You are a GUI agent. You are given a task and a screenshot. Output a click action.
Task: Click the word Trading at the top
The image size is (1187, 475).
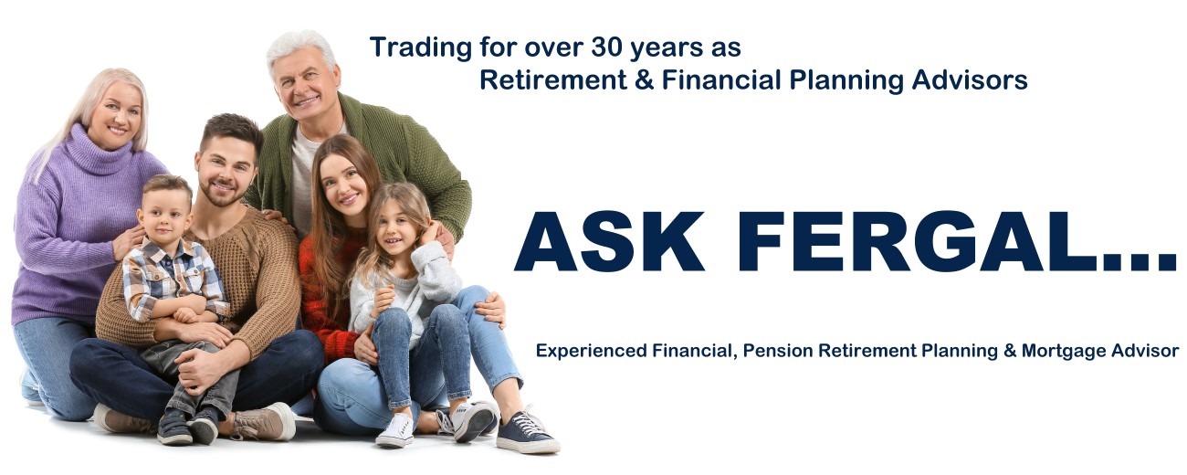click(x=421, y=48)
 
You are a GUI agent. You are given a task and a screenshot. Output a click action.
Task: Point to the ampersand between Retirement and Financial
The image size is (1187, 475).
click(x=645, y=80)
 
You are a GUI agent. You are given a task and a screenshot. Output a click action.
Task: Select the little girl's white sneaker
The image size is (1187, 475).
click(x=394, y=429)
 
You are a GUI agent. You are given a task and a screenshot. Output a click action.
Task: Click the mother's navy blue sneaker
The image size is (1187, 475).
click(x=526, y=432)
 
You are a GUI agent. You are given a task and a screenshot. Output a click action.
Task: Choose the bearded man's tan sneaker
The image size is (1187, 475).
click(x=265, y=422)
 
